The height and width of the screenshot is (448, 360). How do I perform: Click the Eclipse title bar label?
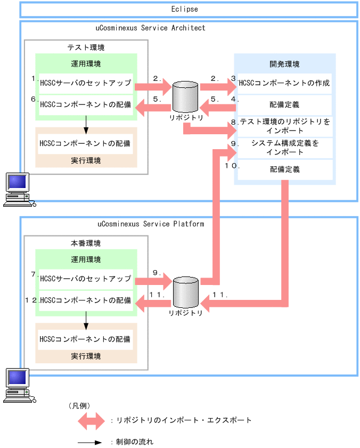(x=185, y=9)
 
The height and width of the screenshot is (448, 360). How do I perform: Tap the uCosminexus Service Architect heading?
(x=151, y=28)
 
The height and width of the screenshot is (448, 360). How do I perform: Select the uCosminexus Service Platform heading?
(x=151, y=224)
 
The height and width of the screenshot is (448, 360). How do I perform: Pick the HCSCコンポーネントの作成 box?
(x=284, y=83)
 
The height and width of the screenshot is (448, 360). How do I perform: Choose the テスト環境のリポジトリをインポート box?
(x=284, y=126)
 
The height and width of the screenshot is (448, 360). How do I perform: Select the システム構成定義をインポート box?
(x=284, y=148)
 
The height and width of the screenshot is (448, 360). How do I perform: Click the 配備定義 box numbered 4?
(x=284, y=105)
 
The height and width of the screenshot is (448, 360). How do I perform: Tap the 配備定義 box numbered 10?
(x=284, y=170)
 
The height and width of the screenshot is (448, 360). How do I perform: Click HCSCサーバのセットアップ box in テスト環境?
(x=86, y=83)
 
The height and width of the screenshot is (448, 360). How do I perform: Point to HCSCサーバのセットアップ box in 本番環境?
(x=86, y=279)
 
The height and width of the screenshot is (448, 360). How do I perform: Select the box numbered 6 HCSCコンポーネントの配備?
(x=86, y=104)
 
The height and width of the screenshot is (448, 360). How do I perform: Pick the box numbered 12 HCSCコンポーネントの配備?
(x=86, y=300)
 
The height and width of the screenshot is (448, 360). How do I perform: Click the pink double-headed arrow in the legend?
(x=92, y=420)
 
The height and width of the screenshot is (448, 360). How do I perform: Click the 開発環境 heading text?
(x=284, y=64)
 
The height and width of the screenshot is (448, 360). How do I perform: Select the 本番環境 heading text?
(x=86, y=243)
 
